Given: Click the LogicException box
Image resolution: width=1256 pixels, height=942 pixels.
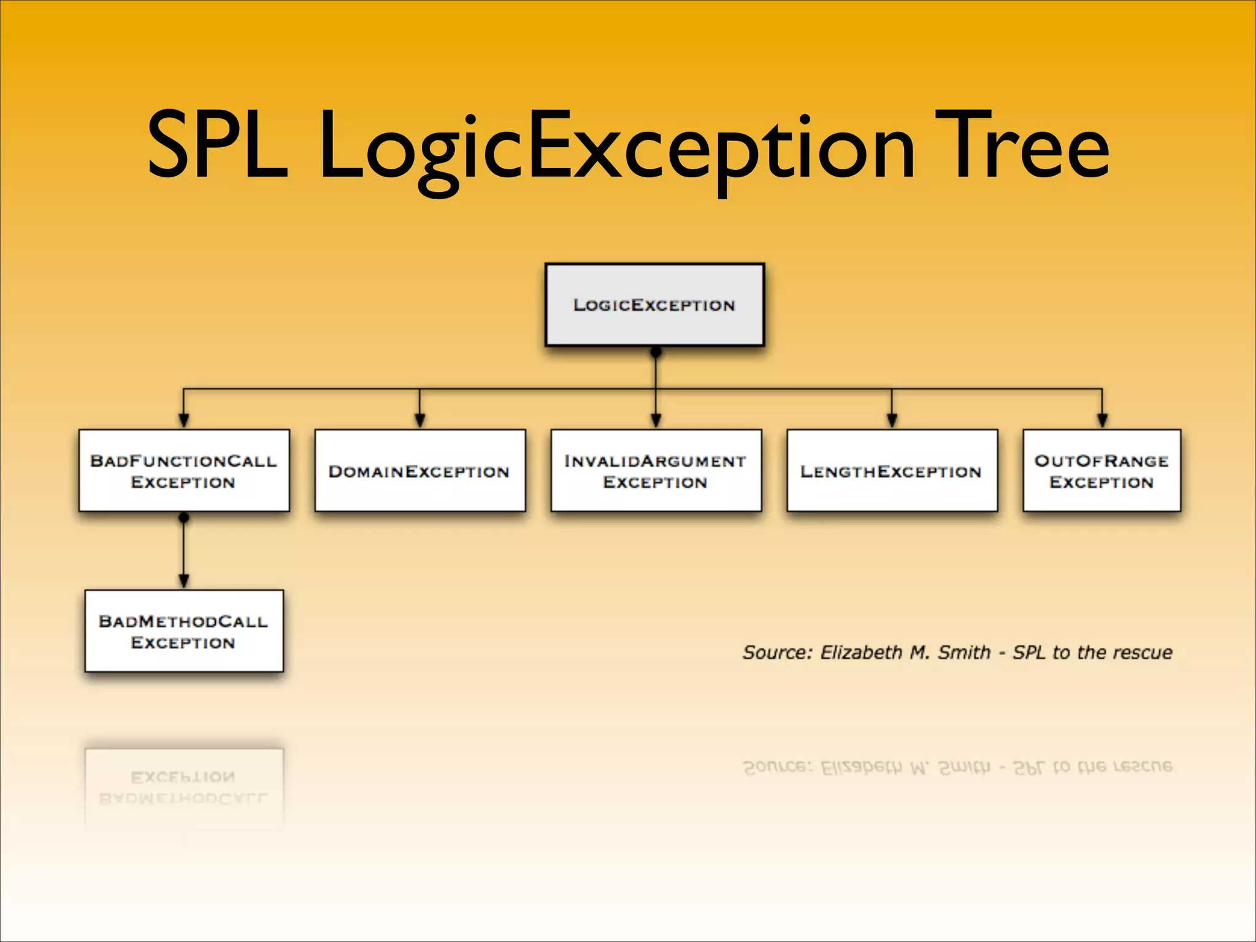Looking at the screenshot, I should (654, 305).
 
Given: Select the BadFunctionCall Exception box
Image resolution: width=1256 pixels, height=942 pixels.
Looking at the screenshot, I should (184, 470).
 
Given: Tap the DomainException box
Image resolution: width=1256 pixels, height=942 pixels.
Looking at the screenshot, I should (419, 470).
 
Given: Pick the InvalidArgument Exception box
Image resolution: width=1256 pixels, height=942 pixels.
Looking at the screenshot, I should (656, 470).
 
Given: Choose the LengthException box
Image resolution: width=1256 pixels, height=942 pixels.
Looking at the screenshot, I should (892, 470).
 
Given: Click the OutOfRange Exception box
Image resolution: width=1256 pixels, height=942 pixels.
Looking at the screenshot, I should (1101, 470).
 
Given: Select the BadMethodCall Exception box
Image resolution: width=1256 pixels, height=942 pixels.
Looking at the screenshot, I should (184, 631).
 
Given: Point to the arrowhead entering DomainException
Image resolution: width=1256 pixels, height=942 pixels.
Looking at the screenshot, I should (419, 420).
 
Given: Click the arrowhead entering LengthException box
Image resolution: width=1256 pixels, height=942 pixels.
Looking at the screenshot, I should (892, 420).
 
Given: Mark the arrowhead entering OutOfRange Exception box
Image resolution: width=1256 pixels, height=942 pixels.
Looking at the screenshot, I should (1102, 420).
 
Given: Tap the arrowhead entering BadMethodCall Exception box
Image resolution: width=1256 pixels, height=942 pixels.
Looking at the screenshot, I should (183, 580).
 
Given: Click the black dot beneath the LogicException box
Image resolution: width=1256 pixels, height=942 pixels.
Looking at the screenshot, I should (656, 353).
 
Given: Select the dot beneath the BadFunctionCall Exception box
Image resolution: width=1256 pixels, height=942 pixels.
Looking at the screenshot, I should (183, 518).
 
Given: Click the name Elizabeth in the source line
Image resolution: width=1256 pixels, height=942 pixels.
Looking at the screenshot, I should (861, 652).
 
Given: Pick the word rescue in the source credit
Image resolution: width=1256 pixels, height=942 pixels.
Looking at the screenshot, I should (1143, 652).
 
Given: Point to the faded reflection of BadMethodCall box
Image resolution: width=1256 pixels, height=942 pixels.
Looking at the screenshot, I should (184, 788).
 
